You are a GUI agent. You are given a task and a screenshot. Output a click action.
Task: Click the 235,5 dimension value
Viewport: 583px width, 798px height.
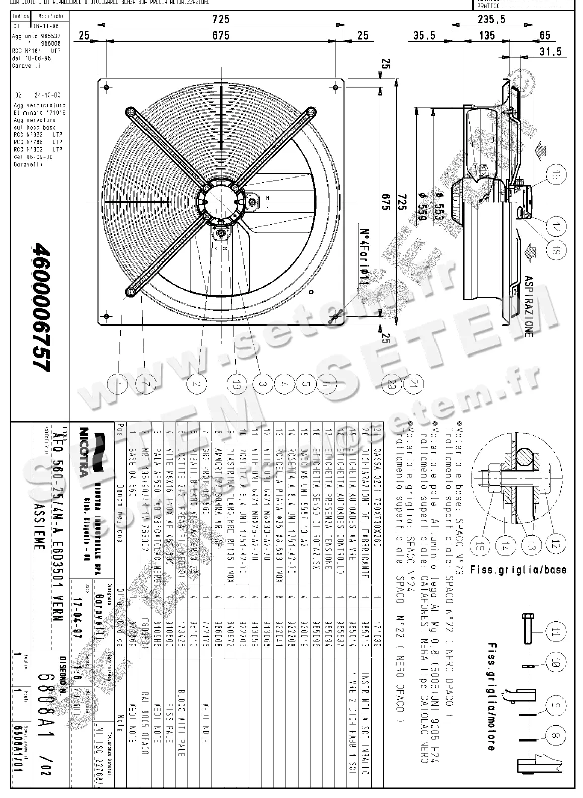[x=491, y=19]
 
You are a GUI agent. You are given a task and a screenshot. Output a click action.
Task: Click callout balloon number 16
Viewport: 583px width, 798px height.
[x=555, y=175]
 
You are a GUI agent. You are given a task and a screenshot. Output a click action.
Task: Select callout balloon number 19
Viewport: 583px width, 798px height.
[x=238, y=384]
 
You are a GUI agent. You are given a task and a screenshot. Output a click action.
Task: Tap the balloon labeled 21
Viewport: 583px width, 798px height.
[x=413, y=384]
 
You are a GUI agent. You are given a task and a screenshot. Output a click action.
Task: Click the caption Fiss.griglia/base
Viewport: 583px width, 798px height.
[x=518, y=570]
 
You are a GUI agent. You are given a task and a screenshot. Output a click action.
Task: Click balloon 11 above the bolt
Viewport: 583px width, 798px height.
[x=555, y=632]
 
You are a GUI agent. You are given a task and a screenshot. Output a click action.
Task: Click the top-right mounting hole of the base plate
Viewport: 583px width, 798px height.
[x=336, y=87]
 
